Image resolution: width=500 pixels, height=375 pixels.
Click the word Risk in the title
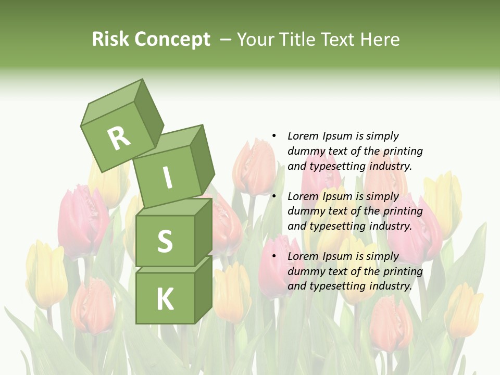pyautogui.click(x=109, y=39)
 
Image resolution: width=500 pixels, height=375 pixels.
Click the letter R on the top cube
pyautogui.click(x=119, y=138)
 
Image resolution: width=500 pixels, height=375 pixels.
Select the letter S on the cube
pyautogui.click(x=165, y=241)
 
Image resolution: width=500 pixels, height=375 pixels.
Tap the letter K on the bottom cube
pyautogui.click(x=165, y=299)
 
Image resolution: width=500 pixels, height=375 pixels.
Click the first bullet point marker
pyautogui.click(x=274, y=136)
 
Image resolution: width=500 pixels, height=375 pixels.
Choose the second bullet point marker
pyautogui.click(x=274, y=196)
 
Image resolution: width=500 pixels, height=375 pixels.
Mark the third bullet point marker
pyautogui.click(x=274, y=256)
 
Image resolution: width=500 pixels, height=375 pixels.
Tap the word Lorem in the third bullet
pyautogui.click(x=303, y=256)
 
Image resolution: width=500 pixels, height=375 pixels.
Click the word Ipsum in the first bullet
pyautogui.click(x=336, y=136)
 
